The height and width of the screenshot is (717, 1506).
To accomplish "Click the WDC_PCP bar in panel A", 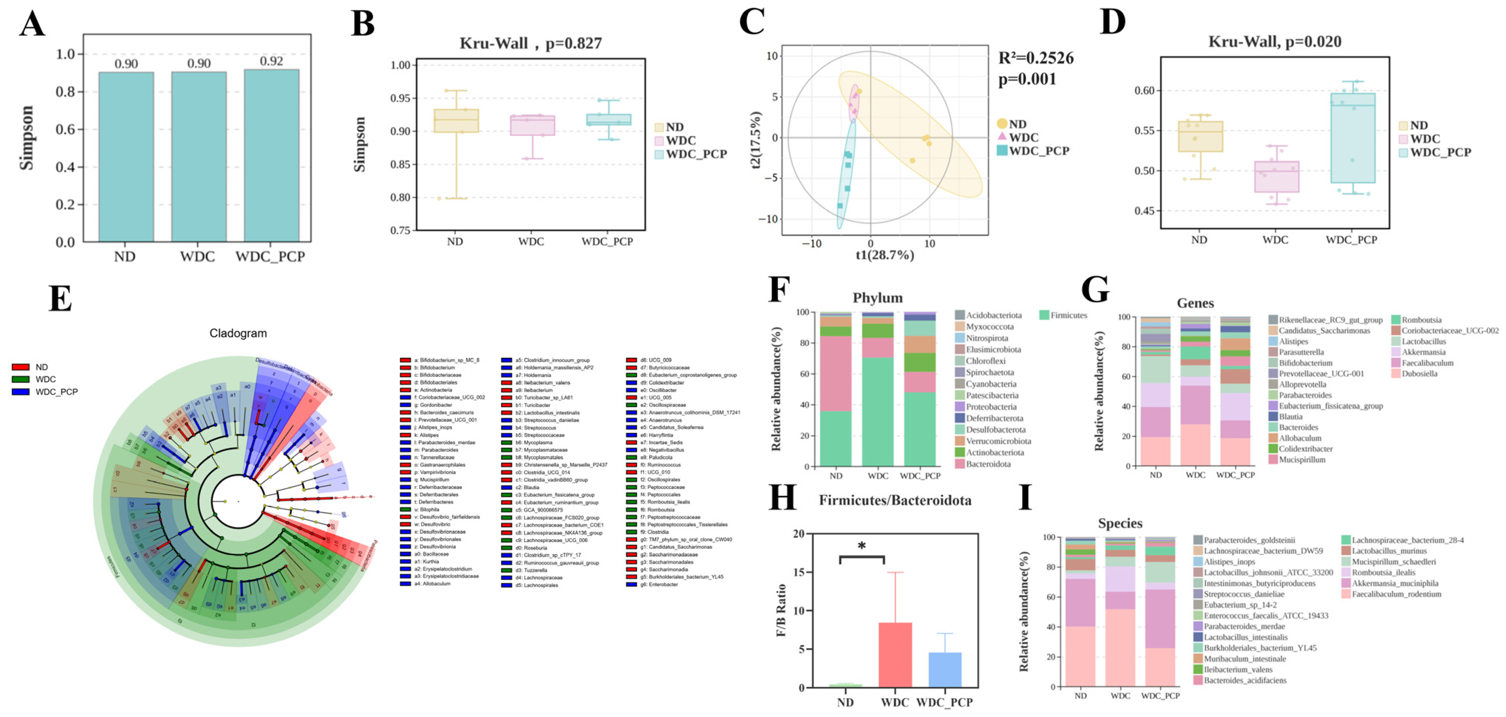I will tap(271, 155).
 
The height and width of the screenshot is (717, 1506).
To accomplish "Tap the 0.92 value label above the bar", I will tap(271, 61).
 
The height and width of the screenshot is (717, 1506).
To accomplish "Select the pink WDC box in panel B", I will tap(532, 125).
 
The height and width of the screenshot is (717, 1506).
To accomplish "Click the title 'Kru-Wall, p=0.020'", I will tap(1274, 41).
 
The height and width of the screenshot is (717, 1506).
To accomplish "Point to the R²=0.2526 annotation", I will tap(1035, 58).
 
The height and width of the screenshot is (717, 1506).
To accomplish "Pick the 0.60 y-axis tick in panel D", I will tap(1144, 91).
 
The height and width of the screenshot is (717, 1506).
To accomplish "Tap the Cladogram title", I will tap(238, 333).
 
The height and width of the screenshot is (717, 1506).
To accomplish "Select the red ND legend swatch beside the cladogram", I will tap(20, 367).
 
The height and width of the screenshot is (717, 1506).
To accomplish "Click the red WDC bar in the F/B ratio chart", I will tap(894, 655).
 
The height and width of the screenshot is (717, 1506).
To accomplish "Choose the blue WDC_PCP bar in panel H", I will tap(944, 670).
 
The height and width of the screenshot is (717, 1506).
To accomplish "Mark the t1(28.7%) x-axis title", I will tap(885, 255).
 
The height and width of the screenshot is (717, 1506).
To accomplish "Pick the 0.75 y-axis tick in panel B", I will tap(401, 231).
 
